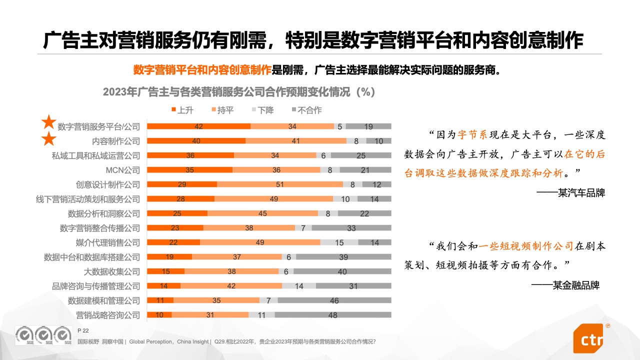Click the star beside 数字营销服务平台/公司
(48, 122)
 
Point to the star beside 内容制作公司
(48, 139)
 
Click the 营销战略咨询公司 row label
(108, 315)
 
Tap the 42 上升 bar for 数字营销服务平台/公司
(198, 126)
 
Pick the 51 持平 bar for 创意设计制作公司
(280, 184)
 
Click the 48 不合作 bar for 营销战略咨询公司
(332, 315)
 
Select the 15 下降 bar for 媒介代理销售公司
(339, 242)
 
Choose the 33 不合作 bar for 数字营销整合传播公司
(351, 228)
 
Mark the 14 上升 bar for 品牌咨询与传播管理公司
(163, 286)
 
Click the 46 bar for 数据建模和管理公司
(334, 300)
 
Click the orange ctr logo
(590, 339)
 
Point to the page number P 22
(83, 331)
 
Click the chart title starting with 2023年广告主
(238, 92)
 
